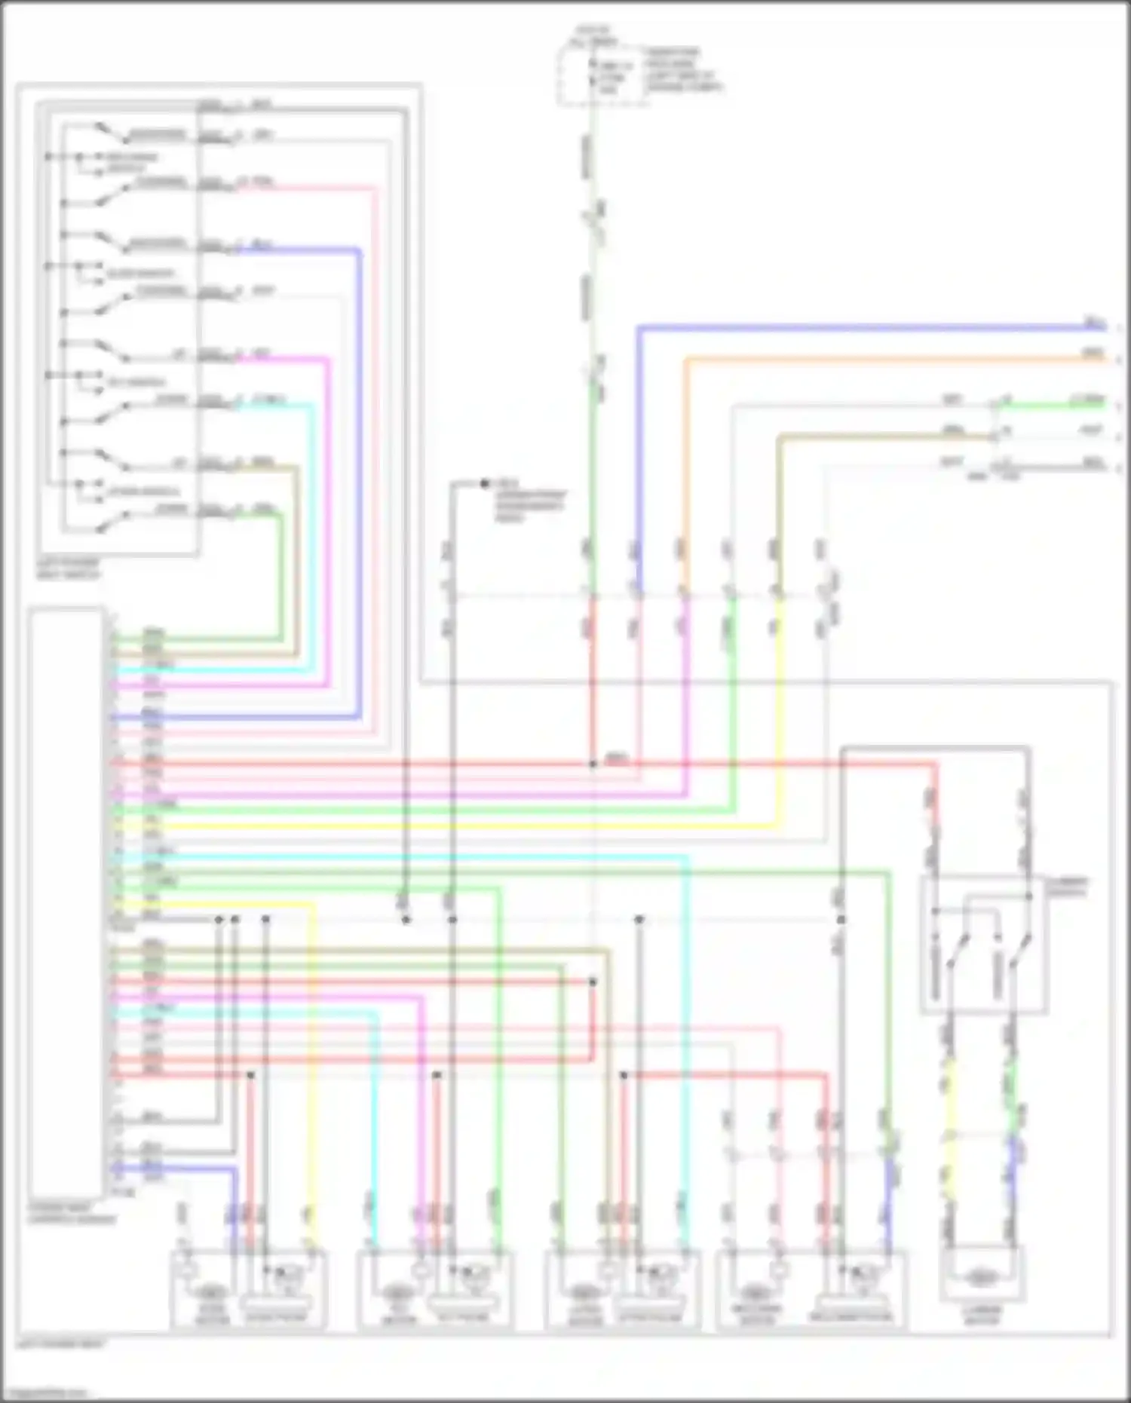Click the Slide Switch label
[x=140, y=273]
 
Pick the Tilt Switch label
[x=136, y=382]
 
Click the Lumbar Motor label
[x=982, y=1315]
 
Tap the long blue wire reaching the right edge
[x=867, y=328]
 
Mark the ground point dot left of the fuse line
[x=485, y=483]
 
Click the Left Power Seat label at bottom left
[x=60, y=1343]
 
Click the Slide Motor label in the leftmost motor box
[x=212, y=1315]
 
